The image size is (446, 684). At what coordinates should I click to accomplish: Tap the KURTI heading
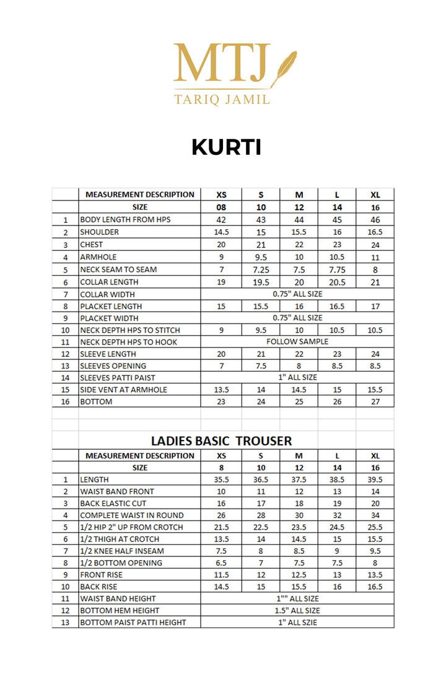coord(226,147)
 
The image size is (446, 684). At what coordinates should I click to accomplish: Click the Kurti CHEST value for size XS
coord(221,244)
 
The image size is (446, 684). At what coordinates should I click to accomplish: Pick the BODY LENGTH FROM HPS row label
coord(125,220)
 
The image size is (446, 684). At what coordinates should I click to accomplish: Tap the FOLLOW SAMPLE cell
coord(297,341)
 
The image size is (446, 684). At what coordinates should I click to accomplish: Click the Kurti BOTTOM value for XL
coord(375,401)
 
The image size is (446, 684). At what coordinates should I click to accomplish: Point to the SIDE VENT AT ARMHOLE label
coord(124,390)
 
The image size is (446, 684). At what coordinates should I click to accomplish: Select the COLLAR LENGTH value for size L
coord(337,282)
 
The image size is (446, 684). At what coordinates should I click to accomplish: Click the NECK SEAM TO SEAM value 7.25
coord(261,270)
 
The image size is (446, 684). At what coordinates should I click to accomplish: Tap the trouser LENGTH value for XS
coord(221,480)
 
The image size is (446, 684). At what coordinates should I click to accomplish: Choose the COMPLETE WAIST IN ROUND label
coord(132,515)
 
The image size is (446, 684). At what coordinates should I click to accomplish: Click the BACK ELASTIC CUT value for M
coord(299,503)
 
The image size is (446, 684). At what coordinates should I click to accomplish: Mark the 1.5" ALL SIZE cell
coord(297,610)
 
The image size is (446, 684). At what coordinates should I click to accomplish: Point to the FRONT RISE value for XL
coord(375,574)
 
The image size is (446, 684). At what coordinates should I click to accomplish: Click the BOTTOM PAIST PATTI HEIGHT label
coord(133,622)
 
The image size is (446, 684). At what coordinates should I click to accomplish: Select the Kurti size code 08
coord(221,208)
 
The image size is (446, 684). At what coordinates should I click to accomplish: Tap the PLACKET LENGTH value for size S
coord(261,306)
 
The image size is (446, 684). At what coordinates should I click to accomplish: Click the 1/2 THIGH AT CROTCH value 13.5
coord(221,539)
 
